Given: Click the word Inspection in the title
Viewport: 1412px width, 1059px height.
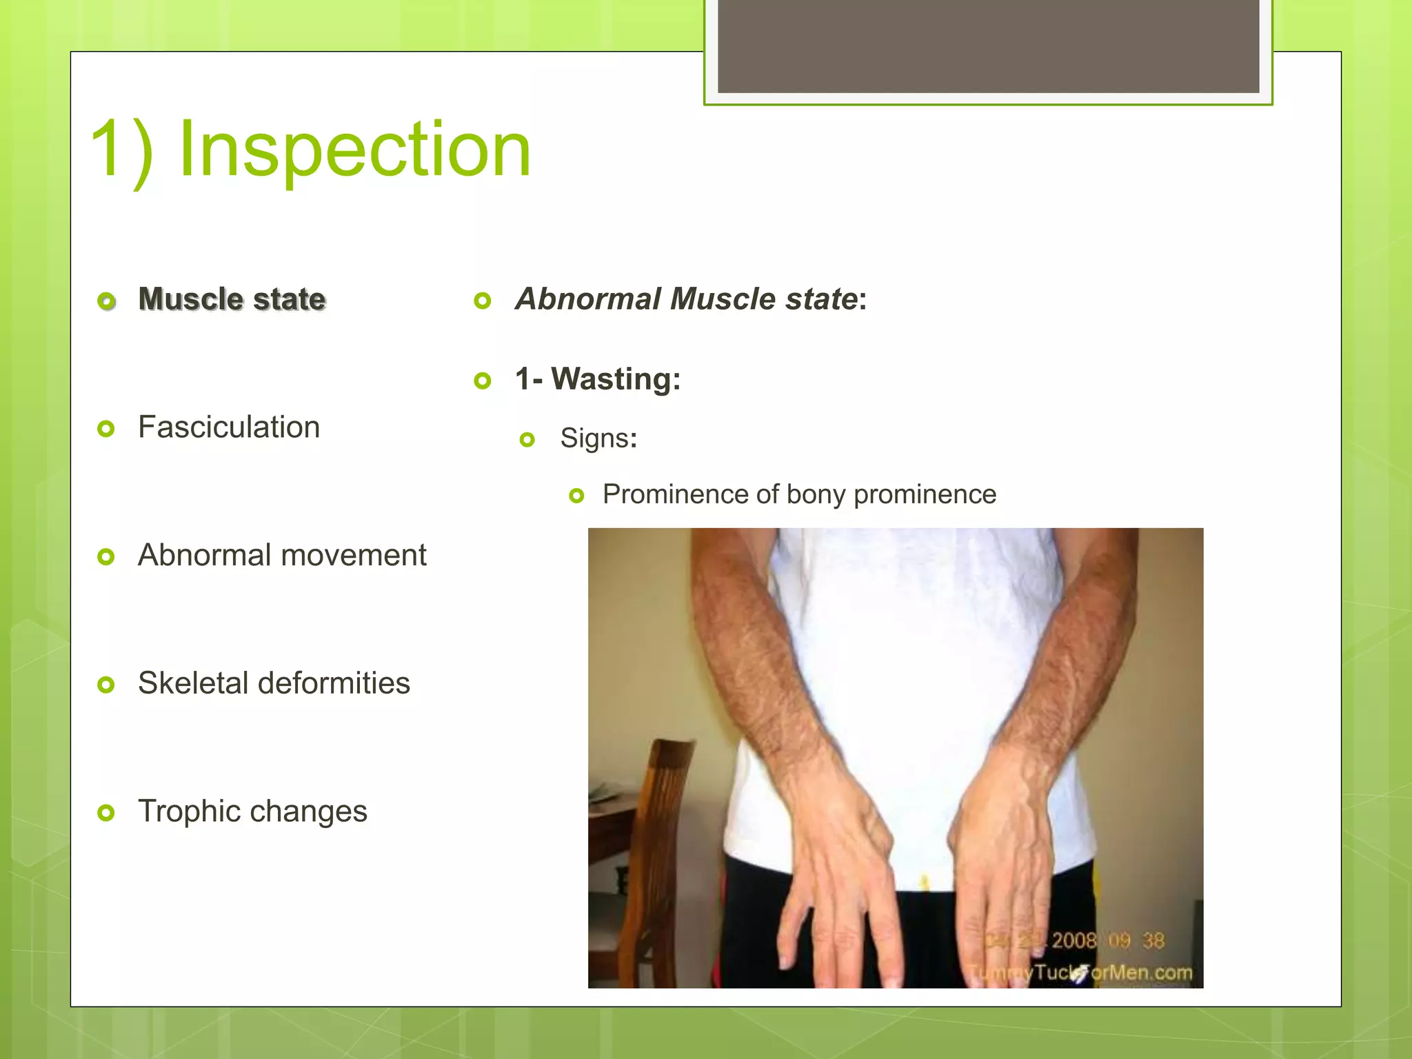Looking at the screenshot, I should pyautogui.click(x=354, y=149).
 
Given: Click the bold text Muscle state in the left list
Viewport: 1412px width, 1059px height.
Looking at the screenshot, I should pyautogui.click(x=232, y=299).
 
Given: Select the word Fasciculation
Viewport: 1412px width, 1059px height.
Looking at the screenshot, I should pyautogui.click(x=229, y=427).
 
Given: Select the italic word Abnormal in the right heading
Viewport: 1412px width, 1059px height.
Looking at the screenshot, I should pyautogui.click(x=589, y=299).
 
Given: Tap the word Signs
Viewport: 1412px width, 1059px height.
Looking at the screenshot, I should pyautogui.click(x=594, y=438).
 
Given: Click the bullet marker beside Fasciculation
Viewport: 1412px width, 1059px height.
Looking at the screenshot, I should pyautogui.click(x=105, y=429).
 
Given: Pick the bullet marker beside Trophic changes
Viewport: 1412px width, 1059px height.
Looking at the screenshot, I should pyautogui.click(x=105, y=813).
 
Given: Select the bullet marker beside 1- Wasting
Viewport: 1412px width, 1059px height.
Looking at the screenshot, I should pyautogui.click(x=483, y=381).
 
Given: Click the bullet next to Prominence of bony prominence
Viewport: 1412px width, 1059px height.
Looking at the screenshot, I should pyautogui.click(x=577, y=496).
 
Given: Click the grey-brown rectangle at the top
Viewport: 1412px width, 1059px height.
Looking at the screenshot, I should pyautogui.click(x=988, y=46).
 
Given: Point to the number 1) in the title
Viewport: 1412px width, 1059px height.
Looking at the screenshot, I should pyautogui.click(x=121, y=149).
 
